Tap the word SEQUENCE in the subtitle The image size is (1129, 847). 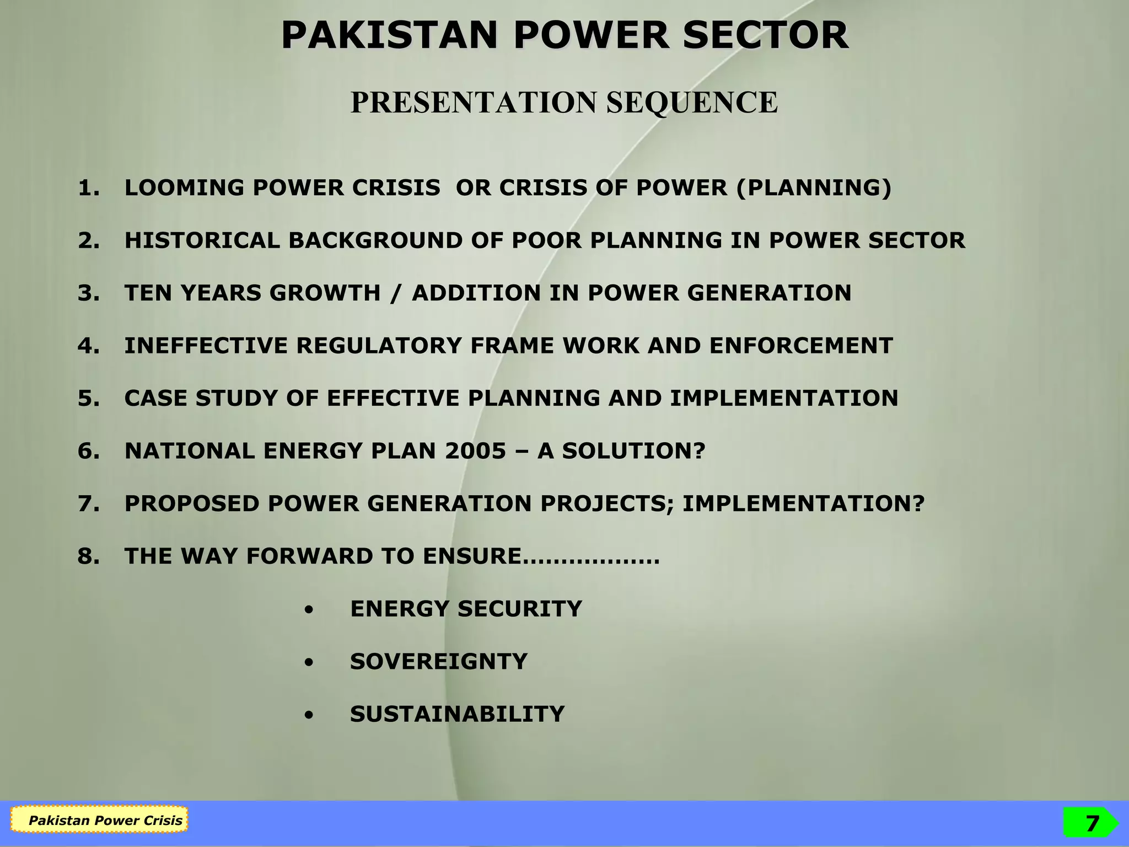[692, 103]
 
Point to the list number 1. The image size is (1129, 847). [88, 188]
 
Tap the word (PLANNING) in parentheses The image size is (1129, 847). [814, 188]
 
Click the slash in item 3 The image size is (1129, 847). [396, 293]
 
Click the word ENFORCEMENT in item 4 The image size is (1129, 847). [801, 346]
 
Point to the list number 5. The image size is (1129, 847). [88, 398]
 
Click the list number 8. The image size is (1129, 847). [88, 556]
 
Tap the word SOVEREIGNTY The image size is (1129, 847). [439, 662]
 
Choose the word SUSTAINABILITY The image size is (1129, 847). [457, 714]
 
